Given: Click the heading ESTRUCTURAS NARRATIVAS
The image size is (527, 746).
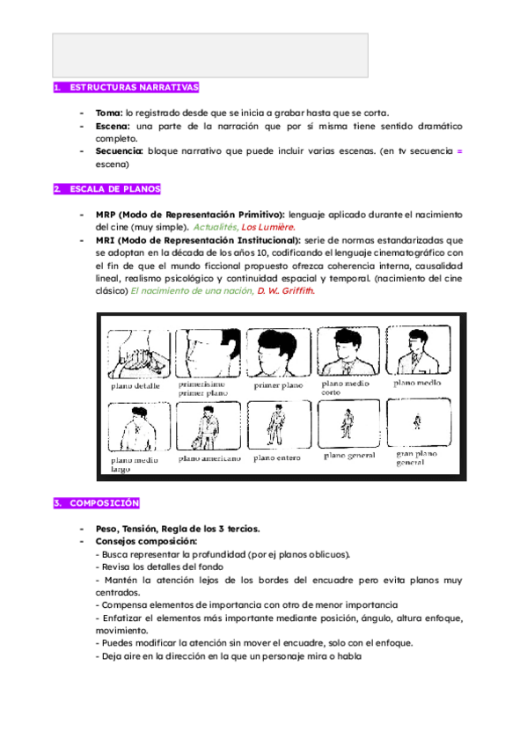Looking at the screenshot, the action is click(133, 88).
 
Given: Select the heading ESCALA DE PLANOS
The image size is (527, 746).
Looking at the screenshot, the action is click(114, 189).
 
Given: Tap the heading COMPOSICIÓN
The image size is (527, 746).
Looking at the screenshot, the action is click(104, 503).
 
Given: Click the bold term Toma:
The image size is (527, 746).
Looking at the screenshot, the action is click(109, 113).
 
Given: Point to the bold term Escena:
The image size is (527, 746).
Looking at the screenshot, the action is click(113, 127).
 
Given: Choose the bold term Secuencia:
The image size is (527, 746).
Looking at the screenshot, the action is click(119, 151).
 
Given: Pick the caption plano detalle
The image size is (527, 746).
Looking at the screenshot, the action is click(134, 386).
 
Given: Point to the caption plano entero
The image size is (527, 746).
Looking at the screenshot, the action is click(277, 457).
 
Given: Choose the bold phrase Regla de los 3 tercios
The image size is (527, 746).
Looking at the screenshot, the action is click(212, 529).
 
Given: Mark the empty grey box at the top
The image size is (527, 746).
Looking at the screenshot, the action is click(209, 55).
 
